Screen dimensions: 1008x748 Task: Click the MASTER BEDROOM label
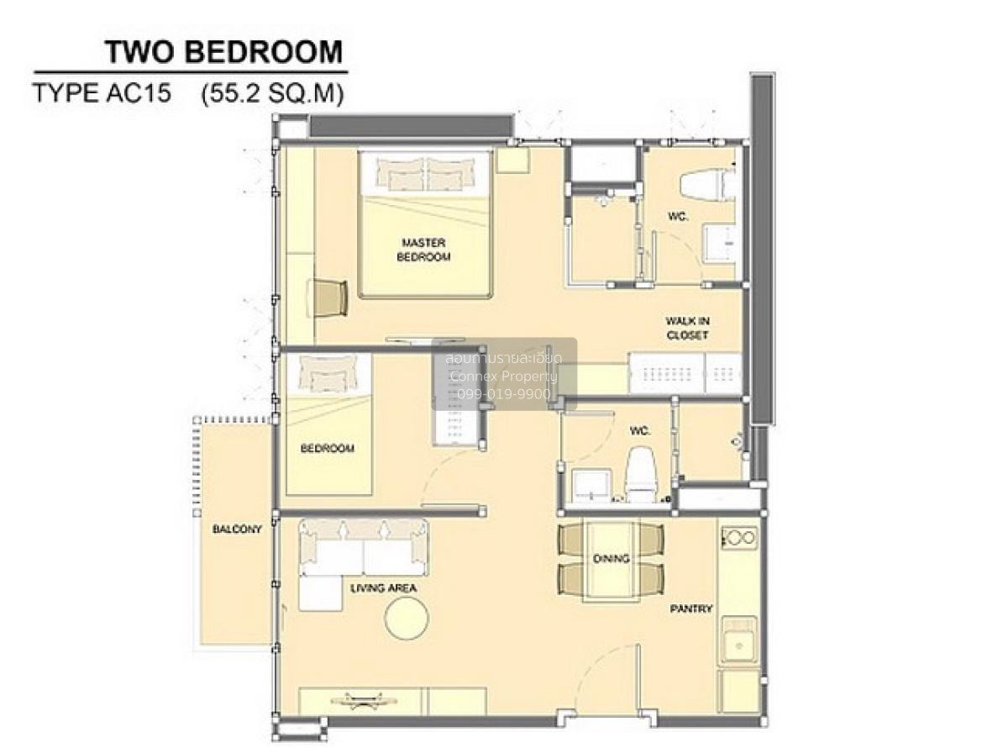click(x=423, y=250)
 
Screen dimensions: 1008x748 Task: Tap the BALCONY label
click(x=237, y=529)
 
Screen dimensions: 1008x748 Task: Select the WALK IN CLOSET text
click(x=687, y=328)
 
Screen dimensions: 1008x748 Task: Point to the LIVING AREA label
click(x=383, y=588)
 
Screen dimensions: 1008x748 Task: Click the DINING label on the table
click(x=612, y=558)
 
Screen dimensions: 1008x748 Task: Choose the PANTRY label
click(x=690, y=608)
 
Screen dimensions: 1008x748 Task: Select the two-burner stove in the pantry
click(x=739, y=538)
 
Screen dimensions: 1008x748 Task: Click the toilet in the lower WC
click(x=641, y=474)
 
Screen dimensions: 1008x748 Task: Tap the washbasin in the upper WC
click(x=718, y=243)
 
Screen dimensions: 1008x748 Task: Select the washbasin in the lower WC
click(x=591, y=486)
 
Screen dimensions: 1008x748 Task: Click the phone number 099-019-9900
click(x=503, y=394)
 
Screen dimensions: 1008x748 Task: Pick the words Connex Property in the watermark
click(x=503, y=377)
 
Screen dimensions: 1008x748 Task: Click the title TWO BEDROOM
click(x=224, y=52)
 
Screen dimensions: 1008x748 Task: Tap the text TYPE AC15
click(x=102, y=93)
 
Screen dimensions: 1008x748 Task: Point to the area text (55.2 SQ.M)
click(x=273, y=94)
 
